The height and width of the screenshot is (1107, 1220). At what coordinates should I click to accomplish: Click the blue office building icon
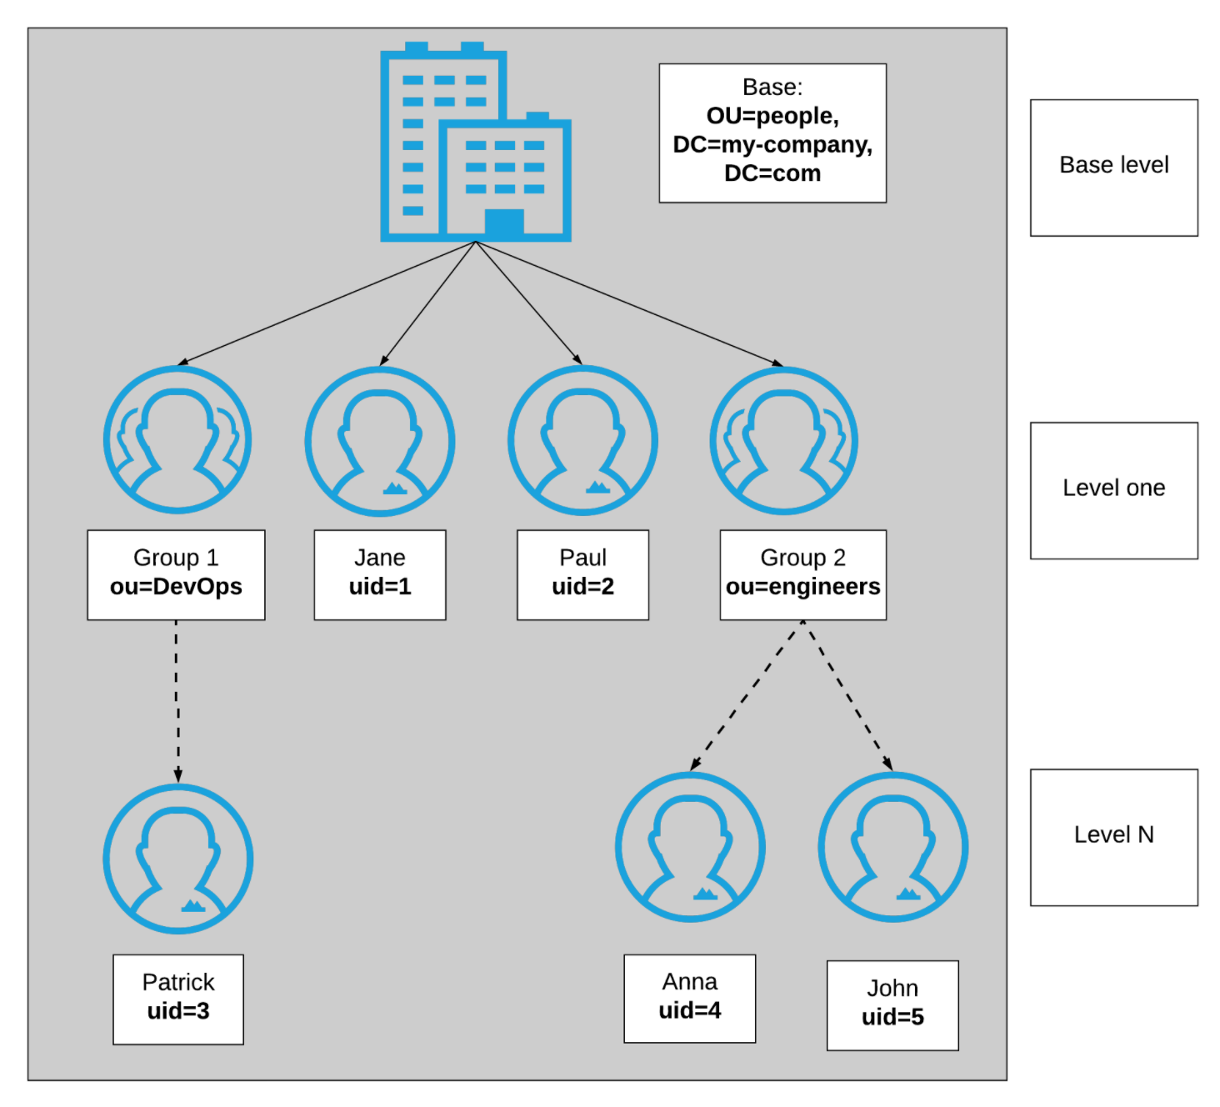(x=475, y=143)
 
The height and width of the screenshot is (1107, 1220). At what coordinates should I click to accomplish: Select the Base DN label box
(x=772, y=133)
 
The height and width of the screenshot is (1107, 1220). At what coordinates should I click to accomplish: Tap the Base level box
(x=1113, y=168)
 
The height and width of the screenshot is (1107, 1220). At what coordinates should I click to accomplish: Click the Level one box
(x=1113, y=490)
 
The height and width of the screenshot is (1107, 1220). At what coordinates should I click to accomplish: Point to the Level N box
(x=1113, y=837)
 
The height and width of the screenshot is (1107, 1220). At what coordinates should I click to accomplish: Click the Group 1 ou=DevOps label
(x=176, y=574)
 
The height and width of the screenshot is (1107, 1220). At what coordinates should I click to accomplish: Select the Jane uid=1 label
(x=380, y=574)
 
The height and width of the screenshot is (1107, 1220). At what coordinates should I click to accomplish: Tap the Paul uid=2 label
(x=582, y=574)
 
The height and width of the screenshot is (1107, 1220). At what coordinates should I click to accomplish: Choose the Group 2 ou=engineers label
(x=802, y=574)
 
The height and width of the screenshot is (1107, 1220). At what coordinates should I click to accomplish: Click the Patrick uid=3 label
(x=178, y=999)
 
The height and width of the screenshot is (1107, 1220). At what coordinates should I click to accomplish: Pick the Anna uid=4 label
(x=689, y=998)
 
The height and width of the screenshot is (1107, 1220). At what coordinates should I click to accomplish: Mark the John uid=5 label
(x=892, y=1004)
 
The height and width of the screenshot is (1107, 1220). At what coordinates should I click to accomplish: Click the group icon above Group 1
(x=177, y=440)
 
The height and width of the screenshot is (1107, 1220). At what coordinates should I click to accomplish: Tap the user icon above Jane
(x=380, y=441)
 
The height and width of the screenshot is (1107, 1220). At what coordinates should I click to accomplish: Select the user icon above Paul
(x=582, y=441)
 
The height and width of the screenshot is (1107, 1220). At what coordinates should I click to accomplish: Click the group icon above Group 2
(x=784, y=440)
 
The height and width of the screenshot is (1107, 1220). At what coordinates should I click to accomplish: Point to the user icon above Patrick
(x=178, y=859)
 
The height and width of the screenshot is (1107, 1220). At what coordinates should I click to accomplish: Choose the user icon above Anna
(x=690, y=847)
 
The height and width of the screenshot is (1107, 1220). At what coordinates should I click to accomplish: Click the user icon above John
(x=892, y=847)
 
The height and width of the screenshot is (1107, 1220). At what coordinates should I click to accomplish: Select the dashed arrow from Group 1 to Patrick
(x=177, y=700)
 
